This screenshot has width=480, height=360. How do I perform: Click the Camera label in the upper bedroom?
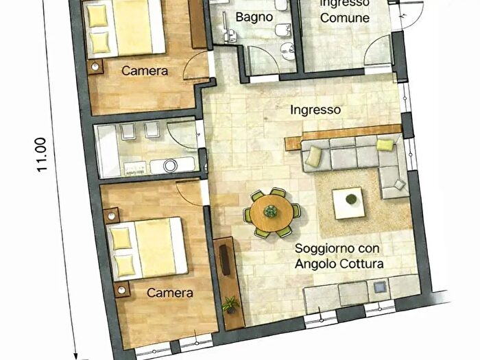141,70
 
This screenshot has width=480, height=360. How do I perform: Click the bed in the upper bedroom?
127,29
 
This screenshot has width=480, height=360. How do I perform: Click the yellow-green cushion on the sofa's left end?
313,157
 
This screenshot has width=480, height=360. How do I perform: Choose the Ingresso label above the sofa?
315,109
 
